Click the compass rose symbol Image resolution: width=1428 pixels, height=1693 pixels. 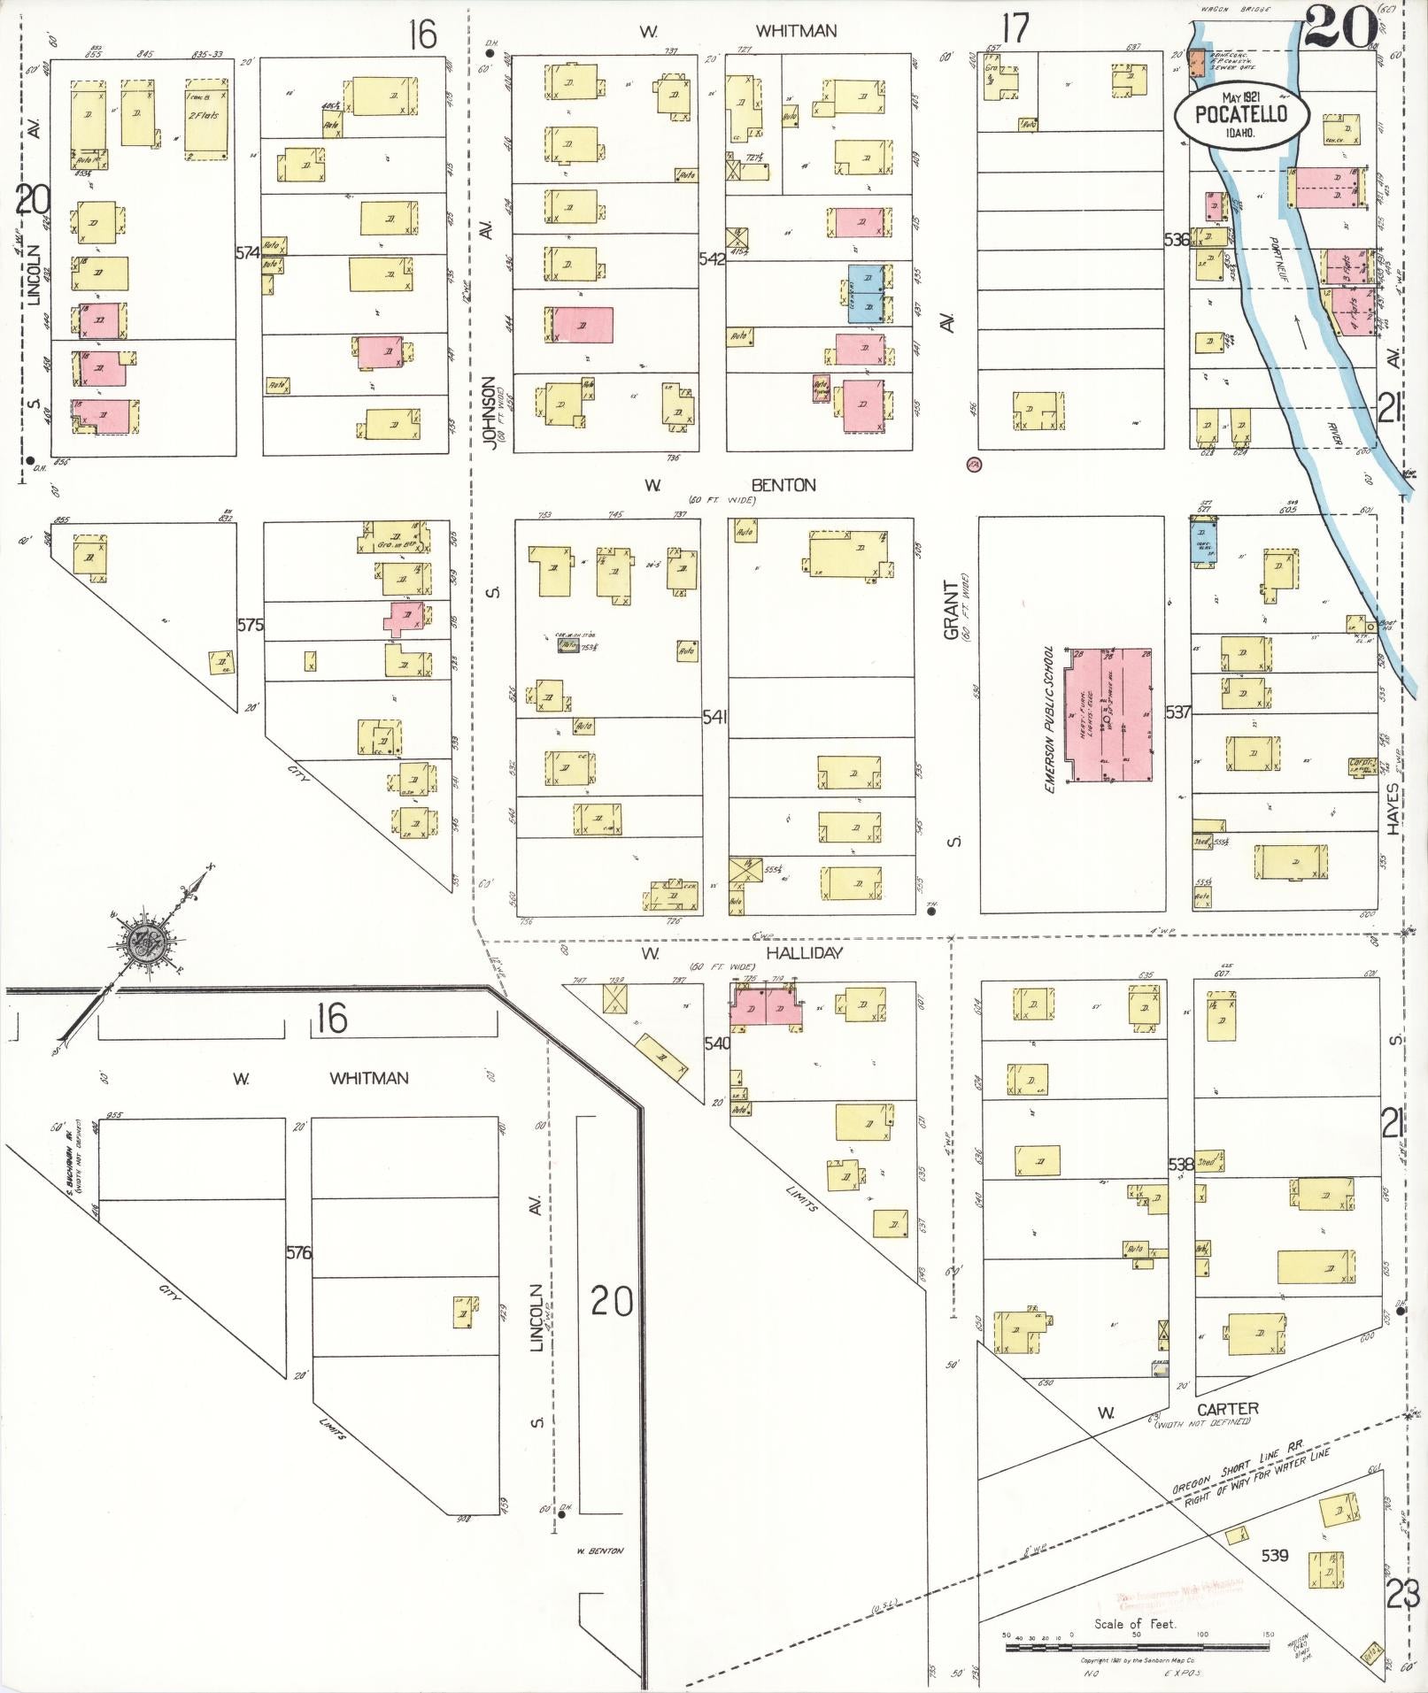pos(143,943)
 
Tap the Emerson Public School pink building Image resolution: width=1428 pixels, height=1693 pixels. pos(1108,714)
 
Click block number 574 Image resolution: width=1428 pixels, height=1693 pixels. pos(247,252)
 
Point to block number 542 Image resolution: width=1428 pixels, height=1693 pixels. pos(712,259)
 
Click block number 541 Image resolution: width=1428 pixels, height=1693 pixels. pos(714,717)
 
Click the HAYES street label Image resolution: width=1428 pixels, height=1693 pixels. pos(1394,809)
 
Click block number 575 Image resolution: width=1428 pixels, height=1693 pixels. pos(251,625)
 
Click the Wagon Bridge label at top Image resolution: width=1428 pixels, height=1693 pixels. pos(1234,11)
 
